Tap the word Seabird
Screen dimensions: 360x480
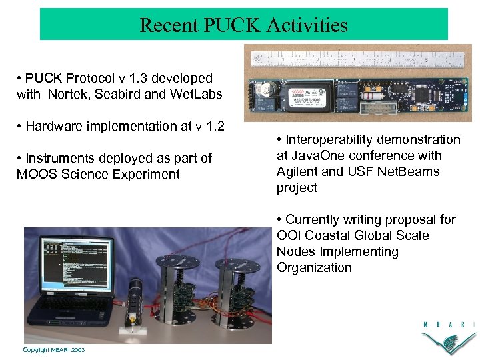[x=119, y=94]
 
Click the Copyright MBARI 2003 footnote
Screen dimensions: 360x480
[x=53, y=350]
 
